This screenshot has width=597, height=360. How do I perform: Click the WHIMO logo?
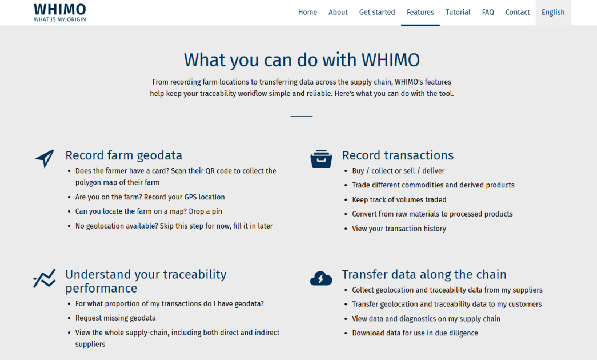pyautogui.click(x=60, y=13)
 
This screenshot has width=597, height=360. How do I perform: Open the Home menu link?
pyautogui.click(x=307, y=12)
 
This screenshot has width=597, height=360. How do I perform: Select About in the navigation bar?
pyautogui.click(x=338, y=12)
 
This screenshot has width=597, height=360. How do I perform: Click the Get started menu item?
pyautogui.click(x=377, y=12)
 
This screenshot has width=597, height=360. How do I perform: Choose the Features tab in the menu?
pyautogui.click(x=420, y=12)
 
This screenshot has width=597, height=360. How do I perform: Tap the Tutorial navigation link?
pyautogui.click(x=458, y=12)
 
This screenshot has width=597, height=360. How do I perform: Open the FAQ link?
pyautogui.click(x=488, y=12)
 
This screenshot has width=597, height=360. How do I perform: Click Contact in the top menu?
pyautogui.click(x=518, y=12)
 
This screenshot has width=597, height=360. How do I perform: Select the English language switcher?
pyautogui.click(x=553, y=12)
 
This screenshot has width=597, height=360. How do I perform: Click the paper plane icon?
pyautogui.click(x=45, y=158)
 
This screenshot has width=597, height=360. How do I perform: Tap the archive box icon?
pyautogui.click(x=321, y=159)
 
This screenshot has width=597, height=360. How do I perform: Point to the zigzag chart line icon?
pyautogui.click(x=44, y=278)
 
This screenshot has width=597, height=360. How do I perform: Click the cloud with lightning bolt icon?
pyautogui.click(x=321, y=278)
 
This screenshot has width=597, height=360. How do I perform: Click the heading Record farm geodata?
pyautogui.click(x=124, y=155)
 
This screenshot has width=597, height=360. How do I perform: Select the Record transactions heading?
pyautogui.click(x=398, y=155)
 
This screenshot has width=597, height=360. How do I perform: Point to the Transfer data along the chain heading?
pyautogui.click(x=424, y=275)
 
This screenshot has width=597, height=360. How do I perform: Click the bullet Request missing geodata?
pyautogui.click(x=115, y=318)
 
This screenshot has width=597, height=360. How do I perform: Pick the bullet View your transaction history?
pyautogui.click(x=399, y=229)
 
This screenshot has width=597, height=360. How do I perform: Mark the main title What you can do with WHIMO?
pyautogui.click(x=302, y=60)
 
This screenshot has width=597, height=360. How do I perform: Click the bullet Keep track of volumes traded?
pyautogui.click(x=399, y=199)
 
